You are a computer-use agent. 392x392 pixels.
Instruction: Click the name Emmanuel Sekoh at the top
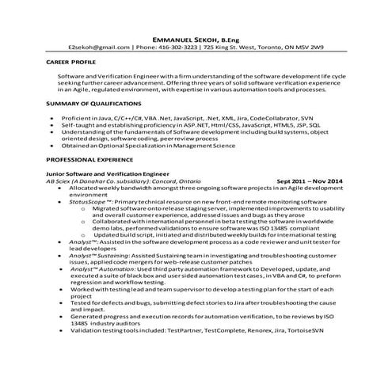pos(181,36)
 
